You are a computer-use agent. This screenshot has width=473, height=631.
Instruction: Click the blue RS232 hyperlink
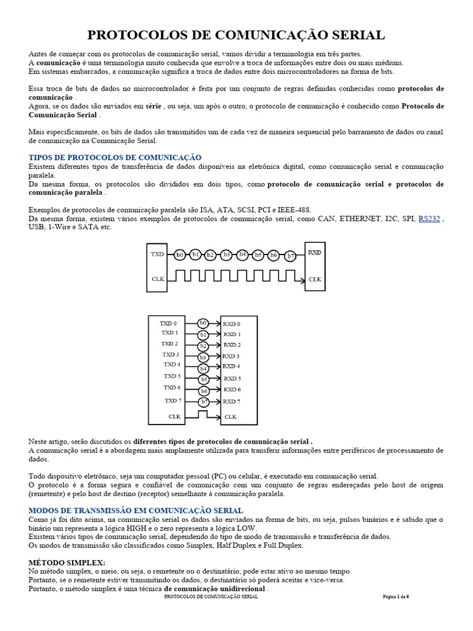[429, 218]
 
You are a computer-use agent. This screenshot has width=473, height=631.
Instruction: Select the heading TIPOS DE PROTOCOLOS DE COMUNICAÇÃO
[115, 158]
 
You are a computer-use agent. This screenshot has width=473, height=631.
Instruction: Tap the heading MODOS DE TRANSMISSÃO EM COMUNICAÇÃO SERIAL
[135, 510]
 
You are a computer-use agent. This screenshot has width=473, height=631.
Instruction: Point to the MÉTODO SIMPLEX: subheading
[67, 563]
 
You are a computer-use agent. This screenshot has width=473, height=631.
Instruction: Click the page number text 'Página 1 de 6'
[395, 596]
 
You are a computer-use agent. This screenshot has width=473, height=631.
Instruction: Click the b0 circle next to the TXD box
[180, 254]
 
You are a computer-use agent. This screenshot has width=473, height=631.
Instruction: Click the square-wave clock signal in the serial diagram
[234, 279]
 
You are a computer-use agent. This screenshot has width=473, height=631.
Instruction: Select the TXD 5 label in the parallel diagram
[172, 376]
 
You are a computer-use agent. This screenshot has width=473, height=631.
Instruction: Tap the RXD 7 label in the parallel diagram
[232, 402]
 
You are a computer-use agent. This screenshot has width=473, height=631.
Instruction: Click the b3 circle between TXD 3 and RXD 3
[203, 357]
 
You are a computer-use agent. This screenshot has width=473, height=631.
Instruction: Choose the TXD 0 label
[168, 323]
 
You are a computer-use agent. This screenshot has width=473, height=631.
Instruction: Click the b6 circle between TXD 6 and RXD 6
[204, 391]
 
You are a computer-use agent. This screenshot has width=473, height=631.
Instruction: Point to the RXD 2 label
[232, 344]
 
